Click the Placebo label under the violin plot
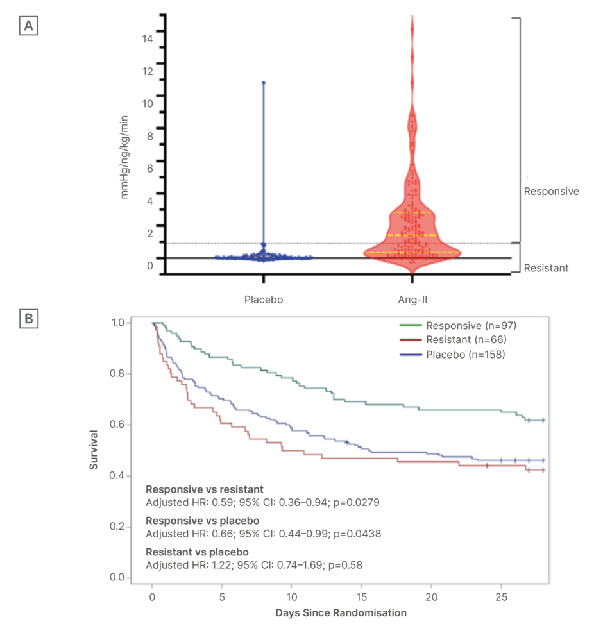[x=263, y=299]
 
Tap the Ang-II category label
[x=411, y=299]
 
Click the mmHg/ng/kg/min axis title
[x=124, y=156]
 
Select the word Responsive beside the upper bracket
[x=551, y=191]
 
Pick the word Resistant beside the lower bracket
[x=546, y=268]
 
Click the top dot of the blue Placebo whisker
[x=263, y=83]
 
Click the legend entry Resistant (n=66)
[x=464, y=340]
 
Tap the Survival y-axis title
[x=94, y=449]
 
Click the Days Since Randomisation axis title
[x=341, y=612]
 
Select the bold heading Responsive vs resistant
[x=205, y=489]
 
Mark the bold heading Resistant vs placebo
[x=197, y=552]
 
